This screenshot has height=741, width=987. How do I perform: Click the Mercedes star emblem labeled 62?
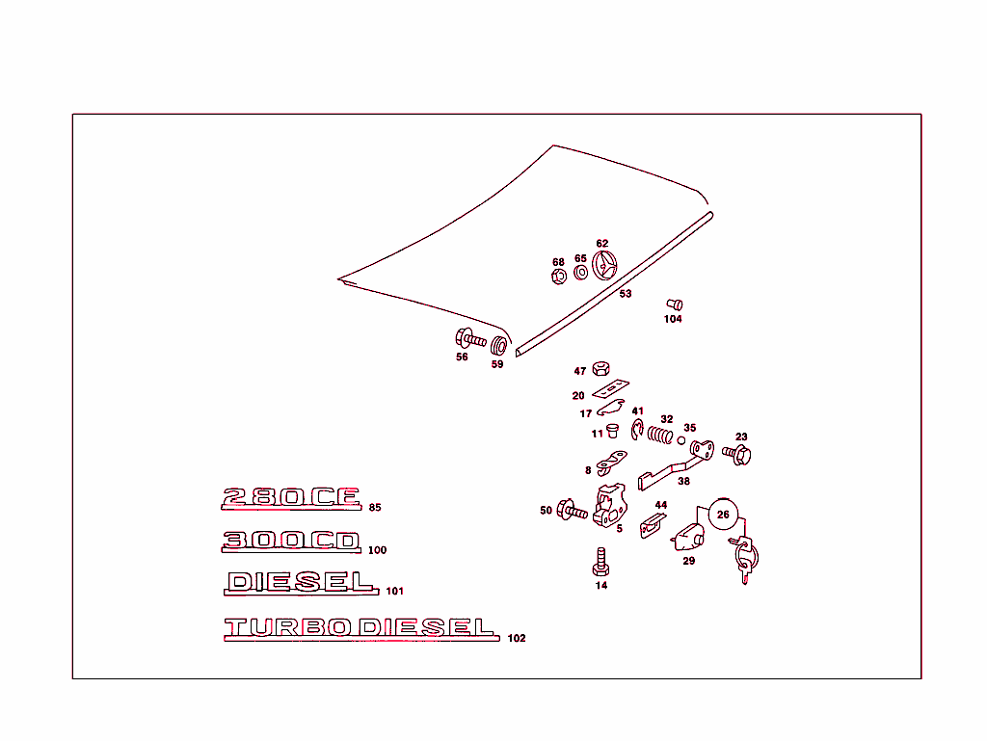click(604, 265)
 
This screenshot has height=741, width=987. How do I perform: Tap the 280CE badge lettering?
click(291, 497)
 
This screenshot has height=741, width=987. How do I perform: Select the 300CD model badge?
click(291, 541)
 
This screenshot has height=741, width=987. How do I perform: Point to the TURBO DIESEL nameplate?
click(361, 627)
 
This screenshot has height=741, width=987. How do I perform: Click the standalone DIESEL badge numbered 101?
click(301, 582)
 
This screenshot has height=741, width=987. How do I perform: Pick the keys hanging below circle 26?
click(745, 559)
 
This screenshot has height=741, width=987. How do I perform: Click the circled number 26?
click(723, 515)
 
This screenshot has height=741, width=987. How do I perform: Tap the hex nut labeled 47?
click(601, 369)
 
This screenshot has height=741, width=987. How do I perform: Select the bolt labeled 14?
click(600, 562)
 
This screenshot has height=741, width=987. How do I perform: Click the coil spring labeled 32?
click(659, 435)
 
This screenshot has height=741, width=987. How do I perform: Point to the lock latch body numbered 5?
click(609, 505)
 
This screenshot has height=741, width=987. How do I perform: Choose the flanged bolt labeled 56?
click(470, 339)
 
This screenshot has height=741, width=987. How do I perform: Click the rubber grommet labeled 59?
click(498, 345)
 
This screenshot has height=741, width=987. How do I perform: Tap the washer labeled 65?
click(581, 273)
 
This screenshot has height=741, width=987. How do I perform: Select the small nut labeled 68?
click(558, 277)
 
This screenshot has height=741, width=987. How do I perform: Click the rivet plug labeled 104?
click(675, 305)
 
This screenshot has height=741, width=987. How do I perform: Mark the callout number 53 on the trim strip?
click(625, 294)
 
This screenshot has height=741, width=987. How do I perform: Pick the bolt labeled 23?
click(736, 454)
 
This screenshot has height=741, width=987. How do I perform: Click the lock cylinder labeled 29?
click(688, 537)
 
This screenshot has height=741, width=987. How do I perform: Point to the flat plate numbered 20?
click(610, 388)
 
